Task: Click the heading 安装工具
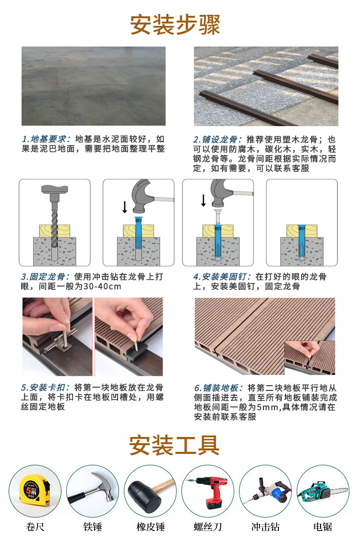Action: click(174, 445)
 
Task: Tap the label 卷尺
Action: click(35, 527)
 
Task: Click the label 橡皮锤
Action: click(150, 527)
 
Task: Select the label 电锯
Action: click(323, 527)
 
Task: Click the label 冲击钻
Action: click(265, 527)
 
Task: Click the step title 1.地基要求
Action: click(47, 139)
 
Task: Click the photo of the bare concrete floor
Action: click(94, 86)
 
